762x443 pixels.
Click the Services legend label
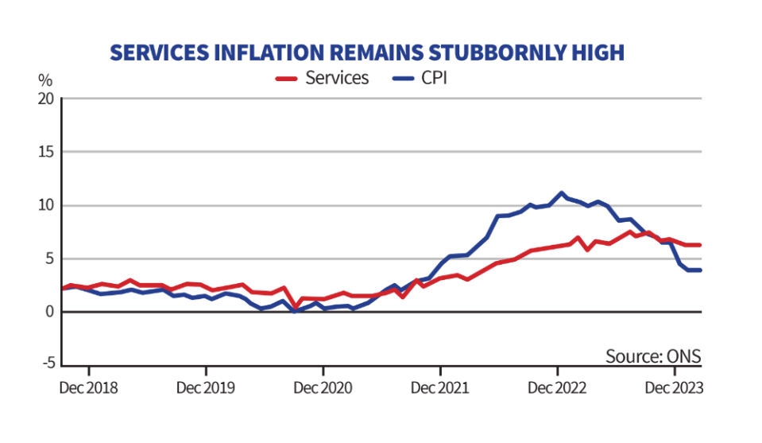tap(337, 78)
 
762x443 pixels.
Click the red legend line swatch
tap(287, 78)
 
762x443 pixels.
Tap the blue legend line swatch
tap(406, 78)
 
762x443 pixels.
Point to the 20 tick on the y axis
tap(47, 99)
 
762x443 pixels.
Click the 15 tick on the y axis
tap(47, 152)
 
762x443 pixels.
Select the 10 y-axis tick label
tap(47, 205)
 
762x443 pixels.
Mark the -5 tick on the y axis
tap(48, 364)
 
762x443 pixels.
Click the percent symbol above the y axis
tap(45, 80)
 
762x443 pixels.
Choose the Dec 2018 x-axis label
tap(89, 388)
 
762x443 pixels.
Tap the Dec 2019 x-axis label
tap(206, 388)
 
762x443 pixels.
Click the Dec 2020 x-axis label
tap(323, 388)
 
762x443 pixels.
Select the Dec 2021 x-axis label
tap(440, 388)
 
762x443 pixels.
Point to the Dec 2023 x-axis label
tap(674, 388)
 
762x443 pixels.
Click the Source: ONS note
tap(653, 356)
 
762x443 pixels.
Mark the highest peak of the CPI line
tap(562, 192)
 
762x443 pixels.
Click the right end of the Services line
tap(701, 245)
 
